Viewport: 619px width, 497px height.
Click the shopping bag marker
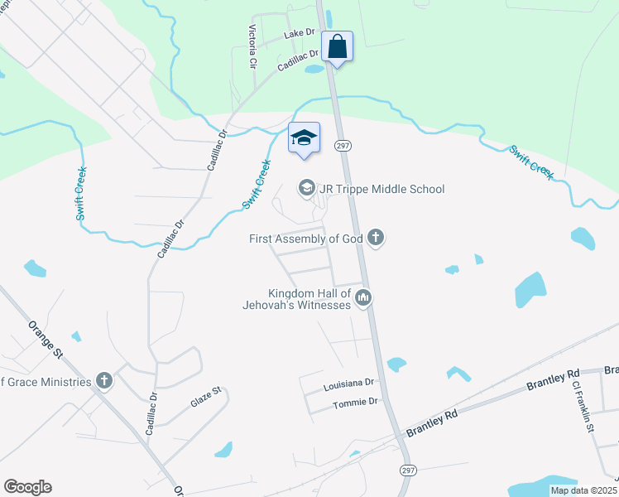point(338,46)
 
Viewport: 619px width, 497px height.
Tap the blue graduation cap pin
point(304,138)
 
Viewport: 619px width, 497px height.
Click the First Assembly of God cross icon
point(376,239)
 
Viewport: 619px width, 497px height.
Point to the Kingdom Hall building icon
point(362,297)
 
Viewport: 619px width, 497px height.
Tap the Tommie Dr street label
point(354,402)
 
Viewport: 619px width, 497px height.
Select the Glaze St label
point(206,396)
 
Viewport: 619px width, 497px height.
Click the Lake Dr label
point(300,34)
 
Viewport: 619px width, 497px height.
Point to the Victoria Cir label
point(252,46)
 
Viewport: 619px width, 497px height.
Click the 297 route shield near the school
point(343,146)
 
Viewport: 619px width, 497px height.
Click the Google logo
point(27,487)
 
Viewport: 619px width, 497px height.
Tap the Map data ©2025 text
point(583,490)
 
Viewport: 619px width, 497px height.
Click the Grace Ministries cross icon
point(103,380)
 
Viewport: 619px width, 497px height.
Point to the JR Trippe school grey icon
point(306,189)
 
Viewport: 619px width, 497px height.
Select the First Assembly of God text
point(306,239)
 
